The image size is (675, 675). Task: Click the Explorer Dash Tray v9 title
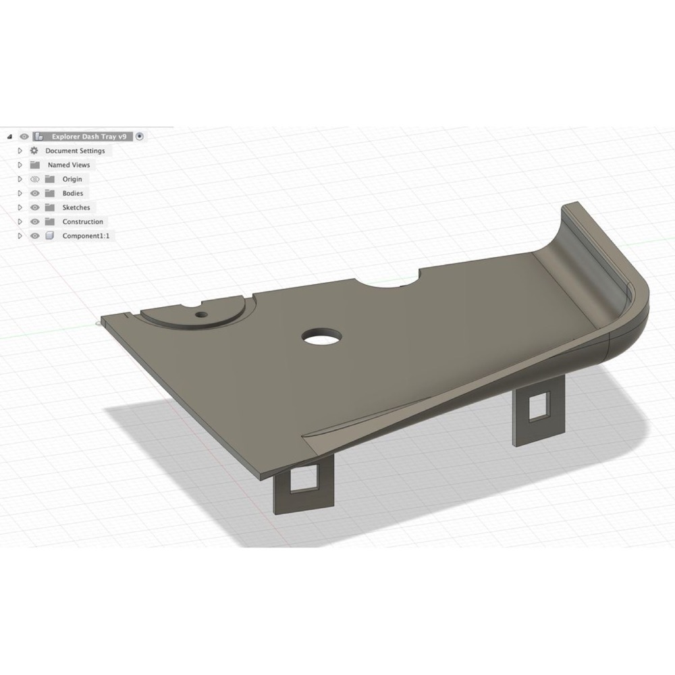[x=89, y=136]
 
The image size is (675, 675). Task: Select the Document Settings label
[x=75, y=151]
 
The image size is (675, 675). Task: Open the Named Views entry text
[x=69, y=165]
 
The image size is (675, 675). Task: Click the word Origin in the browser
[x=72, y=179]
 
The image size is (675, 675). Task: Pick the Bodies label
[x=73, y=193]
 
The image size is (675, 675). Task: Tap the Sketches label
[x=76, y=207]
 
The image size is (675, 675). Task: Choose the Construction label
[x=82, y=221]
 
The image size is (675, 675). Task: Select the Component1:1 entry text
[x=86, y=236]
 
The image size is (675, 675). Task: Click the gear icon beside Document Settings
[x=34, y=151]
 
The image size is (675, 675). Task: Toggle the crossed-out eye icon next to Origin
[x=35, y=179]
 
